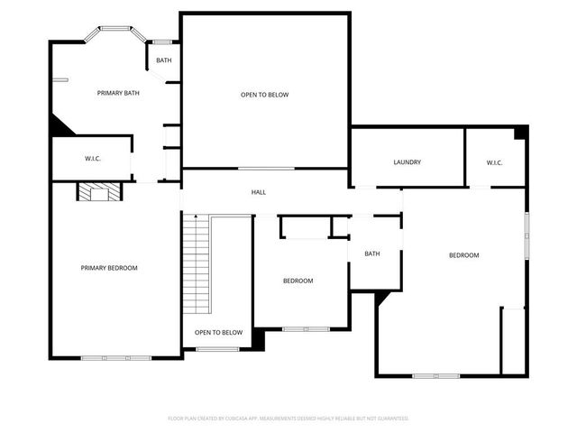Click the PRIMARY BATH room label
119,93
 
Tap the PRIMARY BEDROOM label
109,268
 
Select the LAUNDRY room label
408,162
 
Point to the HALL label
258,192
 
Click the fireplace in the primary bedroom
96,192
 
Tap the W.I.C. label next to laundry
494,162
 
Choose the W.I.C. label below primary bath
92,159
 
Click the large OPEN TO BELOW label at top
264,95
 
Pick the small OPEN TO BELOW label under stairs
219,333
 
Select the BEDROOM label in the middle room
298,281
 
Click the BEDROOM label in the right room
464,255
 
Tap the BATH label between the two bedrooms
372,253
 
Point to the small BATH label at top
163,60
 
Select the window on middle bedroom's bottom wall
307,329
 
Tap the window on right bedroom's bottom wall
436,375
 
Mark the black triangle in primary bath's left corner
60,127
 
